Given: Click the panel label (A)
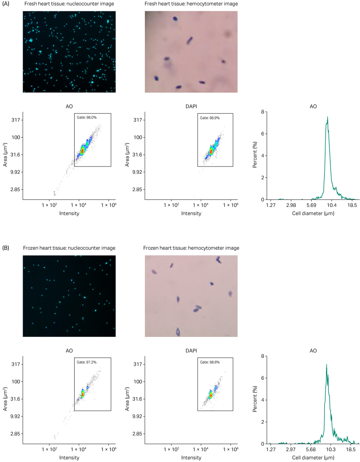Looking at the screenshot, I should [6, 4].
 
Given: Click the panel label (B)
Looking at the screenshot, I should [6, 248].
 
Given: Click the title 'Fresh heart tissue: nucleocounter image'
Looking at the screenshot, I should [69, 4].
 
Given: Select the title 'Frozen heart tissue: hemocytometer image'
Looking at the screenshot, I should [191, 248].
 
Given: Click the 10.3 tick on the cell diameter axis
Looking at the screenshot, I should [331, 449].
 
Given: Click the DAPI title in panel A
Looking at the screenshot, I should [191, 106].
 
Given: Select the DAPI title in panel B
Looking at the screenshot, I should [191, 351].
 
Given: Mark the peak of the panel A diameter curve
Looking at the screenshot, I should [328, 117].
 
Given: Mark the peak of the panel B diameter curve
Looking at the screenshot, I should [326, 365].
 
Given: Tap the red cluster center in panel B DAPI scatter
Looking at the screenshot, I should [210, 395].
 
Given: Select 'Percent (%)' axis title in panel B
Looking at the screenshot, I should [255, 400].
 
